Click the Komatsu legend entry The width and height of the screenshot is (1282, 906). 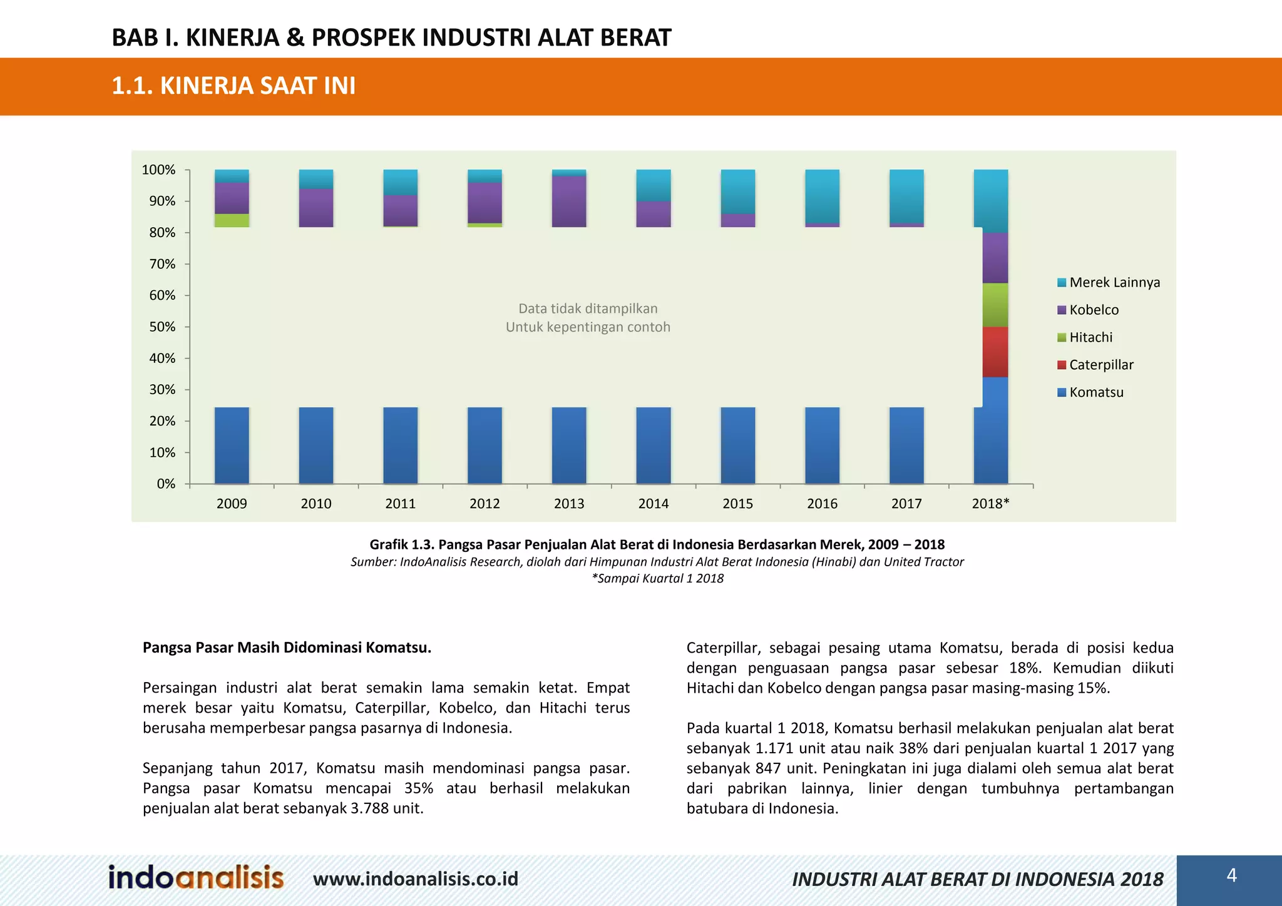[x=1096, y=392]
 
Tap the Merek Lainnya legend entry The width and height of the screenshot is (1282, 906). [x=1114, y=282]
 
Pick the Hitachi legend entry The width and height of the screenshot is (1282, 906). [x=1090, y=337]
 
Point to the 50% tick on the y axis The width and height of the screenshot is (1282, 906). [x=162, y=327]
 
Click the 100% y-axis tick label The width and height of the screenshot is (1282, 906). [x=158, y=170]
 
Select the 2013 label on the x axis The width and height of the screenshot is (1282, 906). [x=569, y=504]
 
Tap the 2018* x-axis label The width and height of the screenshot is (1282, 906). [x=990, y=504]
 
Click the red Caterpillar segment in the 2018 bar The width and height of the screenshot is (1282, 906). [x=995, y=352]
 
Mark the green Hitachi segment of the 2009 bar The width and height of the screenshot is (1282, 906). [x=232, y=220]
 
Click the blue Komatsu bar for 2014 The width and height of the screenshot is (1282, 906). [x=654, y=445]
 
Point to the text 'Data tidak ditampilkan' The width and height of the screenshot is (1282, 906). [x=588, y=308]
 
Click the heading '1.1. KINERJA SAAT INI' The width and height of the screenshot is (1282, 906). [x=233, y=86]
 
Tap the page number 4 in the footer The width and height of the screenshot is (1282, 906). [x=1231, y=875]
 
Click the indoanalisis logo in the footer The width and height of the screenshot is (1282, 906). [x=196, y=877]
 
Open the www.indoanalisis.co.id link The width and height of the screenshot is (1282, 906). [x=416, y=879]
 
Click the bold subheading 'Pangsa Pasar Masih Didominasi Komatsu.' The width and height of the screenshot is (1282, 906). [x=287, y=648]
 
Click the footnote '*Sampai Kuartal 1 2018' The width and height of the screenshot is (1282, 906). [x=657, y=578]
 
